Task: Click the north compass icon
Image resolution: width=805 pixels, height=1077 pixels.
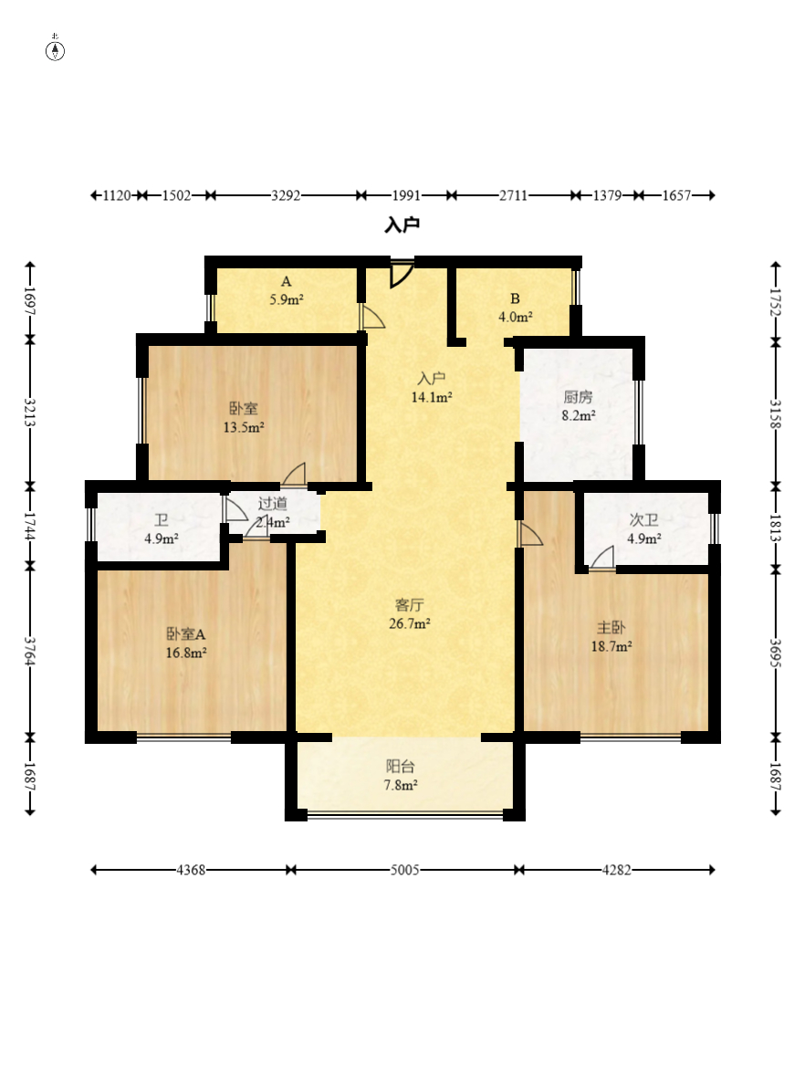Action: pyautogui.click(x=55, y=50)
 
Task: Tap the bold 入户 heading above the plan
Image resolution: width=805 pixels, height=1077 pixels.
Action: pyautogui.click(x=402, y=225)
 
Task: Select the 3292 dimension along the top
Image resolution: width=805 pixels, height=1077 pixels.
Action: pyautogui.click(x=286, y=195)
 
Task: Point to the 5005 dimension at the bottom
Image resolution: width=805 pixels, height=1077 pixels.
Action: pyautogui.click(x=404, y=870)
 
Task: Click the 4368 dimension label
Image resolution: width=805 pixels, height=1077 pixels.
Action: pyautogui.click(x=191, y=870)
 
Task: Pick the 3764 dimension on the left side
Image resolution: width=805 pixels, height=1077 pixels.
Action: pyautogui.click(x=29, y=651)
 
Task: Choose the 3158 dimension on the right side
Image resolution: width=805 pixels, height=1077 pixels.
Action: pyautogui.click(x=776, y=414)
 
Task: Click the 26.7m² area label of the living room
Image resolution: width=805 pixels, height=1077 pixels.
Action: pyautogui.click(x=410, y=623)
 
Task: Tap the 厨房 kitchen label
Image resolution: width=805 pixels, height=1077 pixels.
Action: pyautogui.click(x=578, y=397)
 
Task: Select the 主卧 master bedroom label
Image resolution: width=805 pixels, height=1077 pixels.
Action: pyautogui.click(x=612, y=628)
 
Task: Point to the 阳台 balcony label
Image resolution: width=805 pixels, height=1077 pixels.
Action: pyautogui.click(x=401, y=767)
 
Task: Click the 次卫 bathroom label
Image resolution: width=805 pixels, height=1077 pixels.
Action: pyautogui.click(x=643, y=520)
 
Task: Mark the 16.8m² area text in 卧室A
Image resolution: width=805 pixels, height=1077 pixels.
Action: pyautogui.click(x=186, y=654)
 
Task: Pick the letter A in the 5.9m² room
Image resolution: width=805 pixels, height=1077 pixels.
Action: pyautogui.click(x=287, y=282)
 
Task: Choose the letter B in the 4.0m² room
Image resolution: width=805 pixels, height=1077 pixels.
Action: pyautogui.click(x=515, y=298)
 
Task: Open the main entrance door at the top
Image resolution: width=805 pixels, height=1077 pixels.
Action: pyautogui.click(x=402, y=273)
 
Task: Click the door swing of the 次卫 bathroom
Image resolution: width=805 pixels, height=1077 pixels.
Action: pyautogui.click(x=603, y=558)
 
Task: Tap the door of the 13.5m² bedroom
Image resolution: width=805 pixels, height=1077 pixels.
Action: pyautogui.click(x=294, y=475)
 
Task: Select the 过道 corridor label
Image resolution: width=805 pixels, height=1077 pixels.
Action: pyautogui.click(x=273, y=504)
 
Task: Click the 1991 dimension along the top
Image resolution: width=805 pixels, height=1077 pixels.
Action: pyautogui.click(x=406, y=195)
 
